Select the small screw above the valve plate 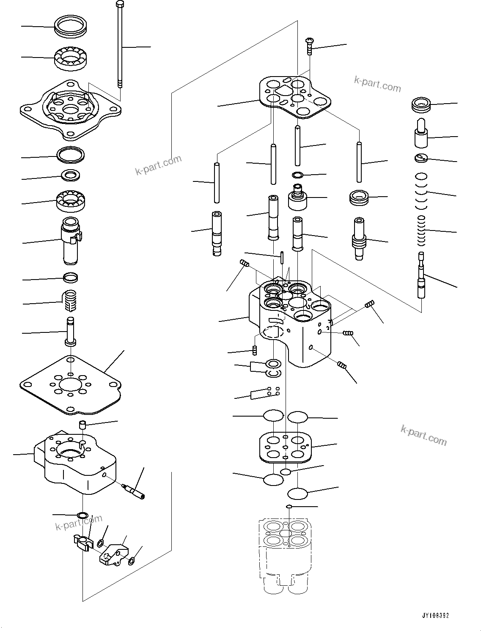(309, 46)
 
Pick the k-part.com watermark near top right (377, 85)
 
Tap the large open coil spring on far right (421, 192)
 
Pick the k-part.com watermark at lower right (423, 436)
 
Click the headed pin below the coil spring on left (70, 332)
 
